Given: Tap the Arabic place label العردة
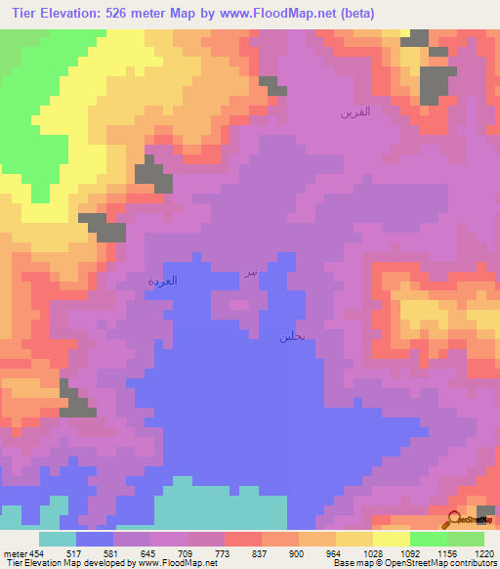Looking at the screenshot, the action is [x=162, y=281].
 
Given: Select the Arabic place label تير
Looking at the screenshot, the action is [x=251, y=272].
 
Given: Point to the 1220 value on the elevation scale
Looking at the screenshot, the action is [x=484, y=552].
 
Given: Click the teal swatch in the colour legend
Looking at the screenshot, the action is [x=58, y=538].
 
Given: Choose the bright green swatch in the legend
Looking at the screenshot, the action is [x=429, y=538].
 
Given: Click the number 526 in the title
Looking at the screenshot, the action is [x=119, y=14].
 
